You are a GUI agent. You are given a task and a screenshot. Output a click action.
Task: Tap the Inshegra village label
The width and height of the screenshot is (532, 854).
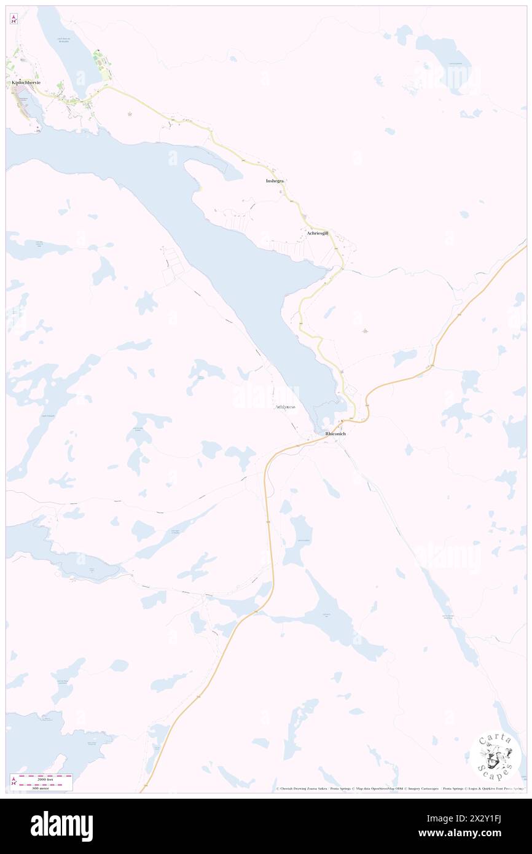point(275,181)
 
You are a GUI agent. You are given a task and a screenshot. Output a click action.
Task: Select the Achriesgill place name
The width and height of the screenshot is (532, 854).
point(318,233)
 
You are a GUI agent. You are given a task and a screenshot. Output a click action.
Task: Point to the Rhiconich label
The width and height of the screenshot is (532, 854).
point(335,434)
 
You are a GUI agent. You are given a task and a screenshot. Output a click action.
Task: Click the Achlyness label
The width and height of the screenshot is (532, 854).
point(285,407)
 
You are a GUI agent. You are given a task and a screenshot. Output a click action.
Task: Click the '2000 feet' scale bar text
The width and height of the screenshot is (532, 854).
point(45,779)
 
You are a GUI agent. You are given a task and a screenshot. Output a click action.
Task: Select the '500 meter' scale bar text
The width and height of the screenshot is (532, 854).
point(45,788)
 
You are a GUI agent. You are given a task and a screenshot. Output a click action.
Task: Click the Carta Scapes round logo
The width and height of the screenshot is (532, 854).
point(495,758)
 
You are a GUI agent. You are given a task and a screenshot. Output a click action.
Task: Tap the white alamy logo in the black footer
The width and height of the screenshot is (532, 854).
point(61,825)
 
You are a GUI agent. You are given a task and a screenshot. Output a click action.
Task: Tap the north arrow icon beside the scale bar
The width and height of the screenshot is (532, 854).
point(14,782)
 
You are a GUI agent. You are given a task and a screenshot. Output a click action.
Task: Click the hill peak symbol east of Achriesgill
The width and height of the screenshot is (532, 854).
point(365,331)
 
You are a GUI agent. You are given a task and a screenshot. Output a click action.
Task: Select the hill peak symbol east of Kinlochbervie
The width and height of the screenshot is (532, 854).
point(130,113)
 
